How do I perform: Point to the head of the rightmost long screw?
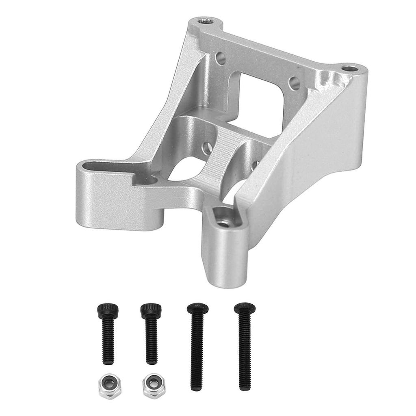coord(245,308)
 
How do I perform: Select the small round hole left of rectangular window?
coord(221,58)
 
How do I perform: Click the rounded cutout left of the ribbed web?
coord(187,171)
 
